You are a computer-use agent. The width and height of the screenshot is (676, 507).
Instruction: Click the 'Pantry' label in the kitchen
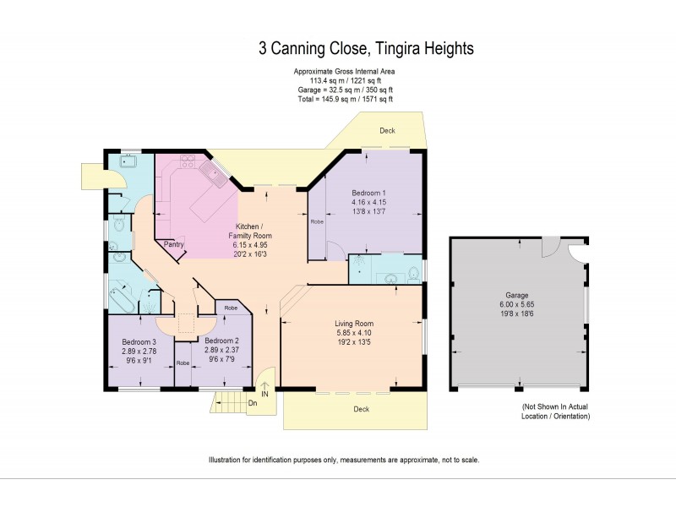point(174,244)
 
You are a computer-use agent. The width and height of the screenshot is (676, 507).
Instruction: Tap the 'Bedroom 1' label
point(368,194)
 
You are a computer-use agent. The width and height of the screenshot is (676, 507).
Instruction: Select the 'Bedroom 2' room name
point(221,340)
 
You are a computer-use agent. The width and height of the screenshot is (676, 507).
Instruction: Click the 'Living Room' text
point(353,324)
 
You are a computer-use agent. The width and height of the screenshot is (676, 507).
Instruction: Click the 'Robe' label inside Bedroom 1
point(317,222)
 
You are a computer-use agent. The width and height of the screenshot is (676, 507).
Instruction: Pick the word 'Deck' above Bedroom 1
point(387,131)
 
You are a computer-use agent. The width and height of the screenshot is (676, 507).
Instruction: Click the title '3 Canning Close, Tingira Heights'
point(366,49)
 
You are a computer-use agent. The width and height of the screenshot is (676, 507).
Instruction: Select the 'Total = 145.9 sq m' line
point(343,100)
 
